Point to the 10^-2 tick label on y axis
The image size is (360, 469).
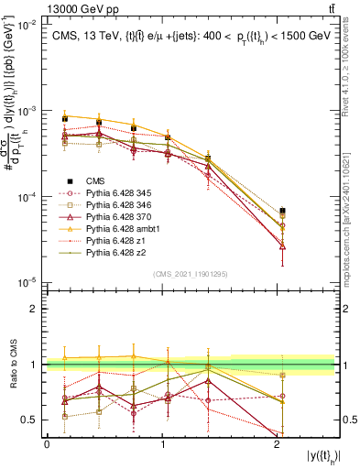coord(28,25)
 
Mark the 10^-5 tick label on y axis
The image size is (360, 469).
coord(28,282)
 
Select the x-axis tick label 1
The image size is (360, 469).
coord(164,443)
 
